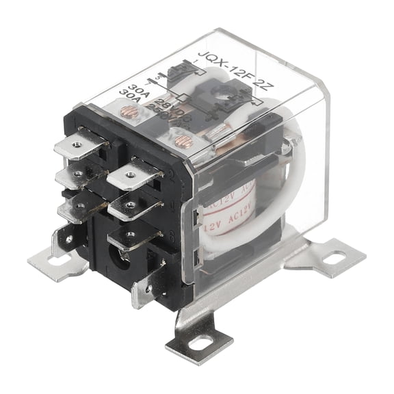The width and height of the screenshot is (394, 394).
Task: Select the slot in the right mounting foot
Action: point(334,258)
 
